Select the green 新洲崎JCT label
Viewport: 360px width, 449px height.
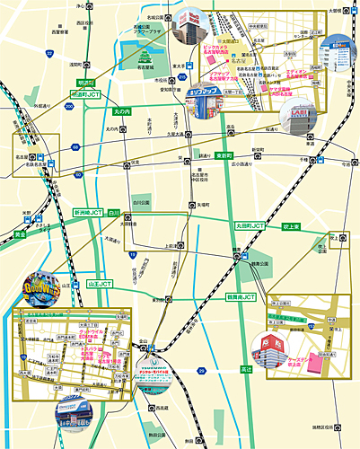pos(88,213)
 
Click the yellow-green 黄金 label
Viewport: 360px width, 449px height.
pos(20,234)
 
